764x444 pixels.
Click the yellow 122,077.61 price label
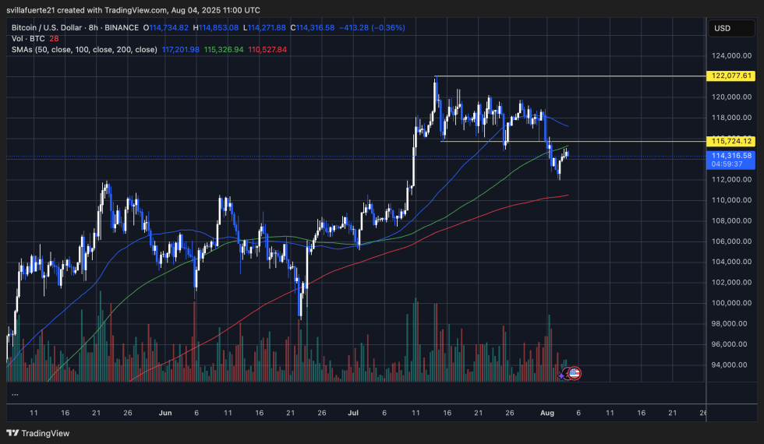click(x=732, y=76)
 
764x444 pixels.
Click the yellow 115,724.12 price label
click(x=732, y=141)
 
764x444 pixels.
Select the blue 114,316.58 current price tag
click(x=732, y=156)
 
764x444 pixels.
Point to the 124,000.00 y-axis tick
click(x=732, y=56)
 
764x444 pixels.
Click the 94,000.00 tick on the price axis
click(x=732, y=365)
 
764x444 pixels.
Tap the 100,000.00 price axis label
click(x=732, y=303)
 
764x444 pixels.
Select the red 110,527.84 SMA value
click(x=267, y=49)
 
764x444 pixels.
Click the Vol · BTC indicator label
click(x=26, y=38)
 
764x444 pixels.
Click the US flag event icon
click(x=575, y=374)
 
